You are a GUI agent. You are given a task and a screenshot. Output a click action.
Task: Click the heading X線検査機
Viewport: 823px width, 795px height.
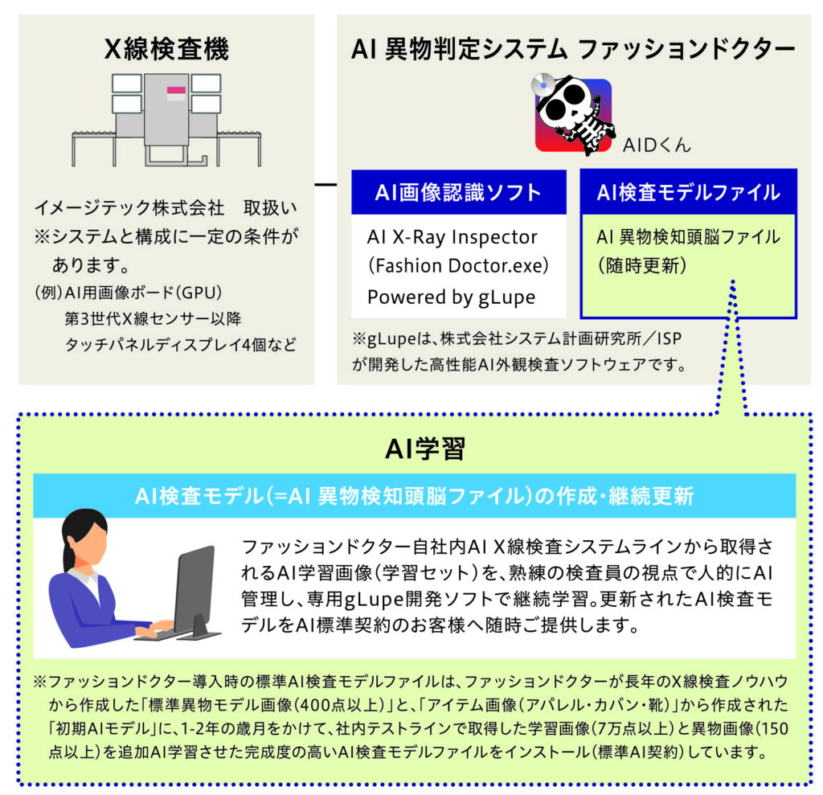coord(166,49)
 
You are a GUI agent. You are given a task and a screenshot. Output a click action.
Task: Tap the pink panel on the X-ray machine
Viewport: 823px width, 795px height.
coord(176,90)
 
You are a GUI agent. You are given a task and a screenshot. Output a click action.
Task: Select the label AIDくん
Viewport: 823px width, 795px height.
coord(657,145)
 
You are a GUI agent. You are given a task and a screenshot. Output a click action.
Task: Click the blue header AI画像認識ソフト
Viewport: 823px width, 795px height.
coord(458,192)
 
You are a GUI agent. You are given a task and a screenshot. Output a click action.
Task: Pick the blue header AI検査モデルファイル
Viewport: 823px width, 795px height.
coord(688,192)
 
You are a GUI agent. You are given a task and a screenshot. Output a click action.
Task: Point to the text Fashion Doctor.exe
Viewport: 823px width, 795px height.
coord(457,266)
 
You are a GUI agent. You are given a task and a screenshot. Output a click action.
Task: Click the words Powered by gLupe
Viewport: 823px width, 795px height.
coord(452,297)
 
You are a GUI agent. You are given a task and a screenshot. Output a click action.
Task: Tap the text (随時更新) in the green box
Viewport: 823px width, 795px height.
coord(642,265)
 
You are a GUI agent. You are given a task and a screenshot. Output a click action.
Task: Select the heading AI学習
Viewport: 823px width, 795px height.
coord(424,449)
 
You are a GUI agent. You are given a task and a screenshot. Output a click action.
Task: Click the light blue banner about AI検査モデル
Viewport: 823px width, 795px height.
coord(414,496)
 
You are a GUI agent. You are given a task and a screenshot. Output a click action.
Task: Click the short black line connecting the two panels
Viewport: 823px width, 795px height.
coord(326,185)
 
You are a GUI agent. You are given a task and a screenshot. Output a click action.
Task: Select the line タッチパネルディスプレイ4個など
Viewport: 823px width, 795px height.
coord(180,345)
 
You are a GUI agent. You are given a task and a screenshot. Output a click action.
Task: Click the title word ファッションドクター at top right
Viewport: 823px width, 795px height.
coord(686,49)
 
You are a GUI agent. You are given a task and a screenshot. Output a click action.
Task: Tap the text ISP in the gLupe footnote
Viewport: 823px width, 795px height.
coord(669,338)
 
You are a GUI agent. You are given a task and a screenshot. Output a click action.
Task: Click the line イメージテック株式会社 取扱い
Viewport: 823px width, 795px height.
coord(166,208)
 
